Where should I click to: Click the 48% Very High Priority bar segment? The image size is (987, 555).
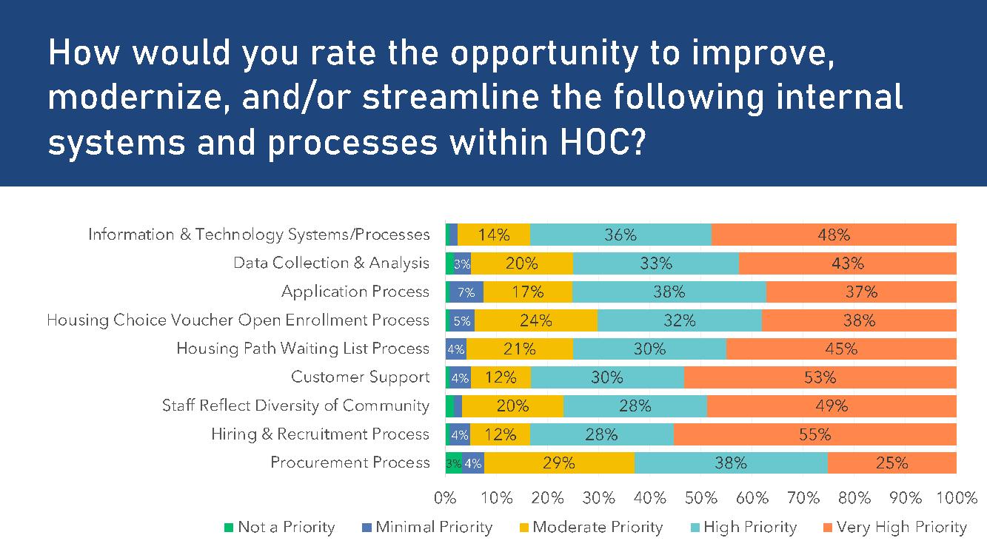(834, 235)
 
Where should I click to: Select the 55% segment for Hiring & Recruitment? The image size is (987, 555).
(814, 434)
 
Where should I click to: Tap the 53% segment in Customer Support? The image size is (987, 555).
(820, 377)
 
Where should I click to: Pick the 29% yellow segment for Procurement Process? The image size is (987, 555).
(559, 463)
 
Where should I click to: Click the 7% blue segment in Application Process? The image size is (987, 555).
(466, 292)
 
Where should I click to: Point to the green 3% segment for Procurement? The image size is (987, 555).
(453, 463)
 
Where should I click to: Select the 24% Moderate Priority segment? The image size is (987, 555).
(535, 320)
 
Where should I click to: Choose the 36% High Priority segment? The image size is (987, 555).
(620, 235)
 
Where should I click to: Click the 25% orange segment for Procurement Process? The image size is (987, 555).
(891, 463)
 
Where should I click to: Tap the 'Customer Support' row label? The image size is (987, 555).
(360, 377)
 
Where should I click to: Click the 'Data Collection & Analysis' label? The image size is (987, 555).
(331, 263)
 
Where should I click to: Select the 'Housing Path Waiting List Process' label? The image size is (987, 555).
(302, 349)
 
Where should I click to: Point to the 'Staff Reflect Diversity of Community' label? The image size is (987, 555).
(295, 406)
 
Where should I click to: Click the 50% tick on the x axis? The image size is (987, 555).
(700, 498)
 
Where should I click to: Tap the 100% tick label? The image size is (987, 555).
(956, 498)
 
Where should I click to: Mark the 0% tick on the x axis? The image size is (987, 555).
(445, 498)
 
